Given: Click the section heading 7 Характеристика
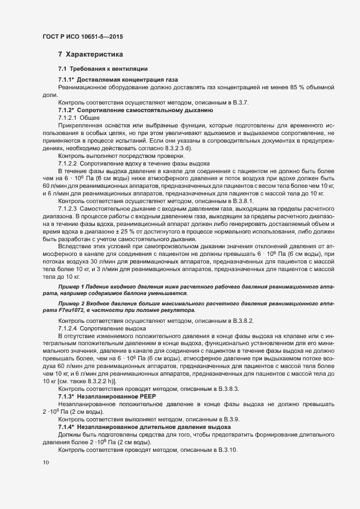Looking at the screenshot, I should point(90,54).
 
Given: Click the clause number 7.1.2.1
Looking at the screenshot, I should point(68,118).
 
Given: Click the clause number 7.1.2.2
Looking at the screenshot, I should point(68,164).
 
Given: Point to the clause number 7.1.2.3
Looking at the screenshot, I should point(68,211).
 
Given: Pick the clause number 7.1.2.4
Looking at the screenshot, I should point(68,329).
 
